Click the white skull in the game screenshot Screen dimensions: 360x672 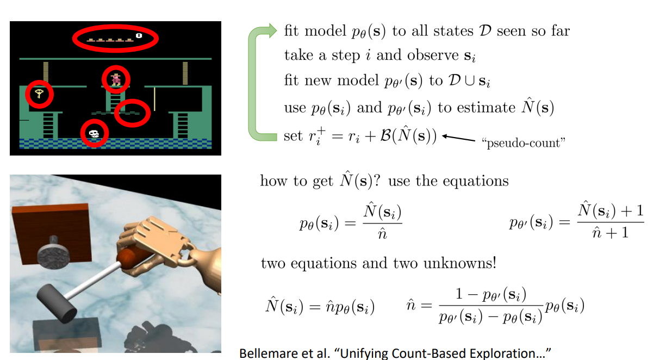94,133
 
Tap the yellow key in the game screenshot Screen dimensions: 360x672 39,94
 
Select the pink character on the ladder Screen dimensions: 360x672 116,79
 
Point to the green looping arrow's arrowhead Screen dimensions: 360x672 271,32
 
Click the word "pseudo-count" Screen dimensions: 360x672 524,143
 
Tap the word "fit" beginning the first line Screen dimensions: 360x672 291,31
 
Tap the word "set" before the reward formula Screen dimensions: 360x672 293,135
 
